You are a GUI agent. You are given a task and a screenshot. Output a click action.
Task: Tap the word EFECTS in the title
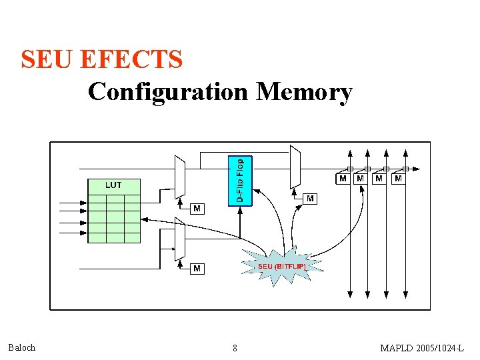(131, 60)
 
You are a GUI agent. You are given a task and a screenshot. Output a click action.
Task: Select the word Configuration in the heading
(167, 91)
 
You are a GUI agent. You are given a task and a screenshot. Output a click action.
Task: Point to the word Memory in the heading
(304, 92)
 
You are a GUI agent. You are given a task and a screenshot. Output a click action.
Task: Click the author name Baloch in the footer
(22, 347)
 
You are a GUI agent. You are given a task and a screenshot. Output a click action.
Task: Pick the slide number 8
(235, 348)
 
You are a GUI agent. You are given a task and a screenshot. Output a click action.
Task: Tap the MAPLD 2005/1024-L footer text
(422, 348)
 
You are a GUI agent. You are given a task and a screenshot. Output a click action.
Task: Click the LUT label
(113, 185)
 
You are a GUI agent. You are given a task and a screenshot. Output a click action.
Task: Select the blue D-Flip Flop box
(240, 180)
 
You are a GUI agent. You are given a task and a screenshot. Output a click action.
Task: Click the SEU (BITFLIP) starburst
(282, 266)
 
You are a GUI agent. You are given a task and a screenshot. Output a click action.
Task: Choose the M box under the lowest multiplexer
(197, 269)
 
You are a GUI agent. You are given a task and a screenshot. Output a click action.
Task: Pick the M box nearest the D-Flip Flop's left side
(197, 209)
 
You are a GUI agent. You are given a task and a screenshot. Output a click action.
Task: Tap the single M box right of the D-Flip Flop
(310, 198)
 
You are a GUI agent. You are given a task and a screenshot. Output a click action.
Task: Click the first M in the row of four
(342, 179)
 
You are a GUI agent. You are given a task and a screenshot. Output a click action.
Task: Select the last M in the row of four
(398, 179)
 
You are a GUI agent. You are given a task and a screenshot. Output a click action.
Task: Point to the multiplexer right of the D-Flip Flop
(295, 167)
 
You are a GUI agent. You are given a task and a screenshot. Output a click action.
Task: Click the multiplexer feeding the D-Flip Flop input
(179, 176)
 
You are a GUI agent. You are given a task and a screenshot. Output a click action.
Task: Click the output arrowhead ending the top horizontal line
(417, 169)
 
